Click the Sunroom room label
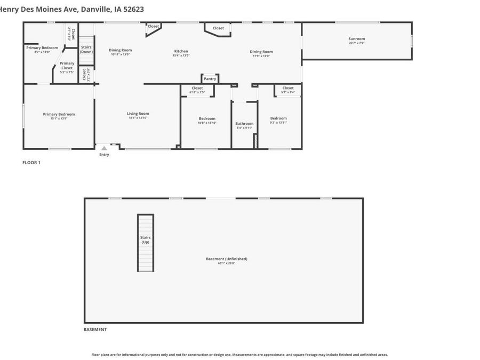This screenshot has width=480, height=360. pyautogui.click(x=357, y=39)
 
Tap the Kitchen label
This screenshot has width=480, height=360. pyautogui.click(x=181, y=51)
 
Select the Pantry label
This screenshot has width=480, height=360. pyautogui.click(x=210, y=79)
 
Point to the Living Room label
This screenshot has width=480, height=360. pyautogui.click(x=138, y=114)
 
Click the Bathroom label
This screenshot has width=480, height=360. pyautogui.click(x=244, y=124)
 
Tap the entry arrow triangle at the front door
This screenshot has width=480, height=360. pyautogui.click(x=104, y=148)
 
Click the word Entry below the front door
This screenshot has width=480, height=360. pyautogui.click(x=104, y=155)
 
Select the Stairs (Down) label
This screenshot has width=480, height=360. pyautogui.click(x=86, y=49)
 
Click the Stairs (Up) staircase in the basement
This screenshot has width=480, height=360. pyautogui.click(x=146, y=243)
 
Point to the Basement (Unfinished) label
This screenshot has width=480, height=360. pyautogui.click(x=227, y=259)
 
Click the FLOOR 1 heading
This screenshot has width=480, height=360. pyautogui.click(x=31, y=163)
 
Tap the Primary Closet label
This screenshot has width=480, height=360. pyautogui.click(x=67, y=66)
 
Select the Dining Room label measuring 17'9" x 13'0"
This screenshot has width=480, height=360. pyautogui.click(x=261, y=52)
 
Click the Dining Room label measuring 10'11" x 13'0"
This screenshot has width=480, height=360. pyautogui.click(x=120, y=50)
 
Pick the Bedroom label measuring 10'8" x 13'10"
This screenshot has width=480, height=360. pyautogui.click(x=207, y=118)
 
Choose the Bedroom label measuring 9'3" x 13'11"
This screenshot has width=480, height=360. pyautogui.click(x=278, y=118)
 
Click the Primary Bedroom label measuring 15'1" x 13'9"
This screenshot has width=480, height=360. pyautogui.click(x=59, y=114)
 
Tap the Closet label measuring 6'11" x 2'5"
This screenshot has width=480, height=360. pyautogui.click(x=197, y=88)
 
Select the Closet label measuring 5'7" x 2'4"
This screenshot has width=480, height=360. pyautogui.click(x=287, y=88)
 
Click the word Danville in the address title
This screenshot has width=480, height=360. pyautogui.click(x=97, y=9)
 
